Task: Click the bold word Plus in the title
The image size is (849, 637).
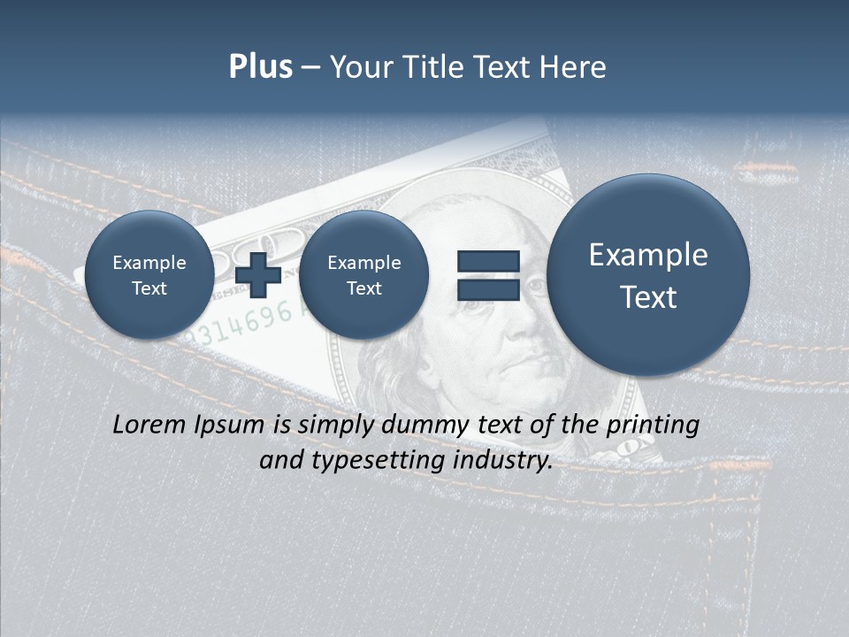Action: (260, 67)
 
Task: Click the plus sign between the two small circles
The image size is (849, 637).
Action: (258, 275)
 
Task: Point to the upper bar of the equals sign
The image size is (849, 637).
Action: (487, 261)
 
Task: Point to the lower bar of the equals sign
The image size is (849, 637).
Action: (487, 289)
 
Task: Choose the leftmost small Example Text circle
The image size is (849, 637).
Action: (149, 275)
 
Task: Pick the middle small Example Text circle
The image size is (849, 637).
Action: (363, 275)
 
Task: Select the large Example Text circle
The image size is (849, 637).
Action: (648, 275)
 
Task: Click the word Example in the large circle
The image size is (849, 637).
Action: (648, 255)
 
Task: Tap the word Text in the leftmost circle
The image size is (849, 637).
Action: (149, 288)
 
